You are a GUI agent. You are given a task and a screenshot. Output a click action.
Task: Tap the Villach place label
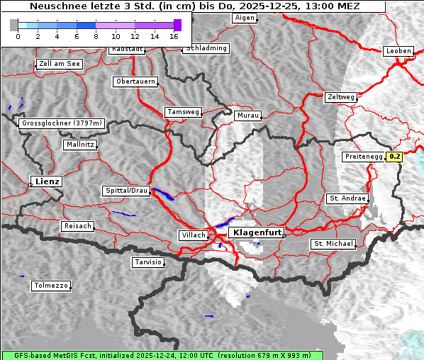[193, 235]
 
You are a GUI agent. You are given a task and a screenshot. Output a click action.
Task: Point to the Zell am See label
[60, 64]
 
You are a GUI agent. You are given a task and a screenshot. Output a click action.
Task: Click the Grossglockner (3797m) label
[62, 123]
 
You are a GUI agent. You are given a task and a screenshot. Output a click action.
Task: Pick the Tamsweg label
[184, 112]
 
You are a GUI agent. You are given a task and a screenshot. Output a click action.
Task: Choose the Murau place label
[248, 115]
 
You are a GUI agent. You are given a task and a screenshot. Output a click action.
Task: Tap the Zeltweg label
[340, 97]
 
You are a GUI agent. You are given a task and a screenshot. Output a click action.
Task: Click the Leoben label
[398, 51]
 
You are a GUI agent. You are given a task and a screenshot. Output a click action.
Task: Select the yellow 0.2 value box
[394, 157]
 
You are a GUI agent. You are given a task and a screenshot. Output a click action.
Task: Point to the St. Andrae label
[347, 198]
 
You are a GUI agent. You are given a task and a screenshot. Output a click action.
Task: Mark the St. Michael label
[333, 244]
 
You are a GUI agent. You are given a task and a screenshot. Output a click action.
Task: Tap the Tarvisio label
[148, 262]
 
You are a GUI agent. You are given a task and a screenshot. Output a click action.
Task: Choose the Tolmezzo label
[51, 286]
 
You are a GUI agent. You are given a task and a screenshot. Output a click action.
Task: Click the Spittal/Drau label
[126, 191]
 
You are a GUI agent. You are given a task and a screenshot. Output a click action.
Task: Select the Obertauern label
[135, 81]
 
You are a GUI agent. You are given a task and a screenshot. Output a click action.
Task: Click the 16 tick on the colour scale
[174, 36]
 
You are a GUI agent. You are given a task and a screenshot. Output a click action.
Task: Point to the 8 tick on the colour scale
[96, 36]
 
